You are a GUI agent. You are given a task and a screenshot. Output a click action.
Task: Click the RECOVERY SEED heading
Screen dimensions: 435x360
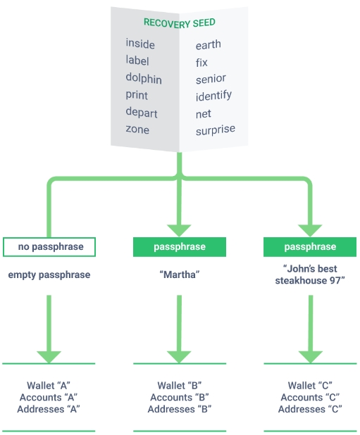pos(179,23)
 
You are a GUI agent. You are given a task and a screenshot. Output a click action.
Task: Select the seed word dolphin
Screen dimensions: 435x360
pos(144,78)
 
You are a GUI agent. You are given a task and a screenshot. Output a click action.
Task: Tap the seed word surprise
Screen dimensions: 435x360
pos(216,130)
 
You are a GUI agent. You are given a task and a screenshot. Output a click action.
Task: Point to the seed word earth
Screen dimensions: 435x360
pos(209,44)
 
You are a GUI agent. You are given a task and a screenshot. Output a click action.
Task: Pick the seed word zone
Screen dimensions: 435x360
pos(137,130)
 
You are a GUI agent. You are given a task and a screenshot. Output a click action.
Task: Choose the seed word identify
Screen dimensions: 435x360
pos(213,96)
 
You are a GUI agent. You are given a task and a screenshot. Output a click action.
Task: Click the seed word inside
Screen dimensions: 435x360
pos(140,44)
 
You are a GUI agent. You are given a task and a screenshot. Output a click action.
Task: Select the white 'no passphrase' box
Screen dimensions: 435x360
pos(49,247)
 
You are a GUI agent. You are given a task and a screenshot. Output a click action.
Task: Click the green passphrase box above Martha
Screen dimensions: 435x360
pos(180,247)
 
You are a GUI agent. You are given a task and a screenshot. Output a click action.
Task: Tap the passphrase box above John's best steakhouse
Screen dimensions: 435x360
pos(310,247)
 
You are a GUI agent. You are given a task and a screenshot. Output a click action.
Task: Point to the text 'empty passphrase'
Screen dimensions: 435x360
pos(49,275)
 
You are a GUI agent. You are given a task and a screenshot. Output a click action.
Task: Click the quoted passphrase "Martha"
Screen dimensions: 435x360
pos(180,275)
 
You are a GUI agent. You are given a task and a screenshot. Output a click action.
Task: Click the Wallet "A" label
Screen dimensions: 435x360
pos(49,386)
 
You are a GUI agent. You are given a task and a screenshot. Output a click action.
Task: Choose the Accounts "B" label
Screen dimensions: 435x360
pos(180,398)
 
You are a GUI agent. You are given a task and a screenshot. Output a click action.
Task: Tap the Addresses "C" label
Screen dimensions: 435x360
pos(310,409)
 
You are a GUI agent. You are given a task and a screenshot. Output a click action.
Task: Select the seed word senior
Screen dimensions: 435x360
pos(211,79)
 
